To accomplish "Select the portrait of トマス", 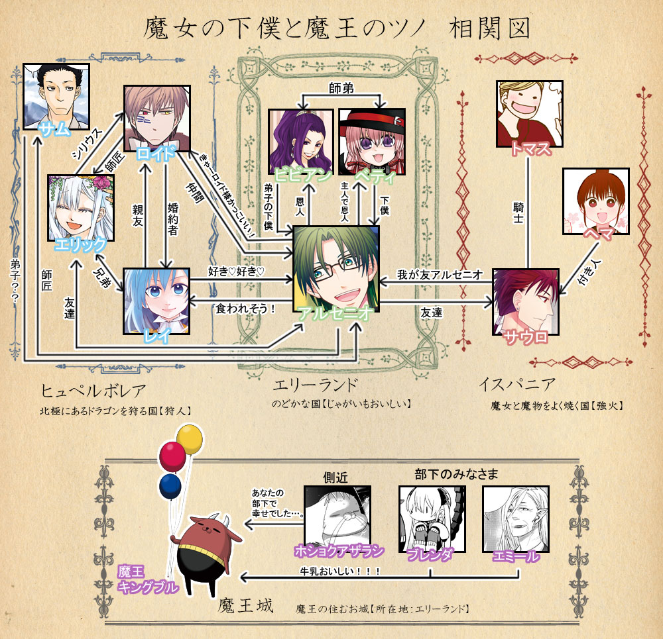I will coord(529,113).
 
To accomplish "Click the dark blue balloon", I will coord(170,485).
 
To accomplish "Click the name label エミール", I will coord(516,557).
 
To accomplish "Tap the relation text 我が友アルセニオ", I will coord(439,273).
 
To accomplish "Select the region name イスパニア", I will coord(516,384).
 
